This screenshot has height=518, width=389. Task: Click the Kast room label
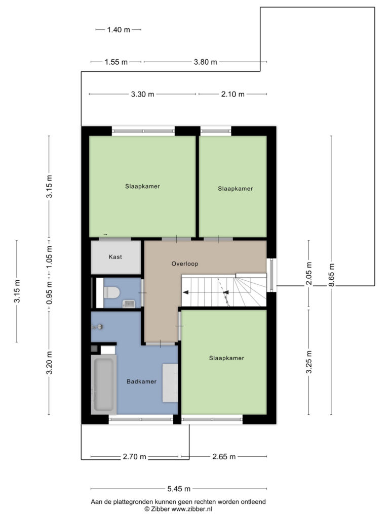tap(115, 256)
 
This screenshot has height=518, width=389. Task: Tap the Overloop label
tap(184, 264)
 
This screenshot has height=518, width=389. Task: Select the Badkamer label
tap(141, 381)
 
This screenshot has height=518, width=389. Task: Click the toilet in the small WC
tap(111, 292)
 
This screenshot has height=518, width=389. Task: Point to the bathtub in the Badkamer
tap(104, 384)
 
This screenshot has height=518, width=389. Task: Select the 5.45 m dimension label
tap(179, 489)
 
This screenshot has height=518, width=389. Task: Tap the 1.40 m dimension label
tap(119, 30)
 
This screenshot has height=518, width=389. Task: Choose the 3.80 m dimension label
tap(206, 62)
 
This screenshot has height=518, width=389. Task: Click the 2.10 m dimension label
tap(233, 94)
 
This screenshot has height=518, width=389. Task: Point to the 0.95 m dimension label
tap(49, 293)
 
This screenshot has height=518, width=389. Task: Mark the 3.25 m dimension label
tap(309, 362)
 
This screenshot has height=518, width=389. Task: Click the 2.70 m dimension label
tap(134, 457)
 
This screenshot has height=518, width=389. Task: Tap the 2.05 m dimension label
tap(309, 274)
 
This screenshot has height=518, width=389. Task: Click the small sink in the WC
tap(128, 304)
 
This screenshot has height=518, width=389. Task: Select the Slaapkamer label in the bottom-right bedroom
tap(226, 358)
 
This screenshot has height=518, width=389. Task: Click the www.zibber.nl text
tap(191, 509)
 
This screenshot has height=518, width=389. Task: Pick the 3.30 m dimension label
tap(142, 94)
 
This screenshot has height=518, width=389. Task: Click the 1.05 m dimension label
tap(49, 257)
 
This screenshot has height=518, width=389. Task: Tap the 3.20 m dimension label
tap(49, 363)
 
